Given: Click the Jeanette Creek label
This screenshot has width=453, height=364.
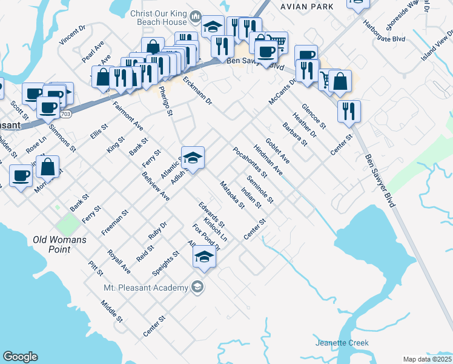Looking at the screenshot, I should (x=342, y=343).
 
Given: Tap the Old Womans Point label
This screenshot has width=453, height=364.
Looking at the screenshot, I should (x=60, y=244).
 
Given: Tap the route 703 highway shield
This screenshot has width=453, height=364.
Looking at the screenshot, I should (x=66, y=113).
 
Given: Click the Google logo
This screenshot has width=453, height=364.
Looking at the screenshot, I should (x=20, y=357).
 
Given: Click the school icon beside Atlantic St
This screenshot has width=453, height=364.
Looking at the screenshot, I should (x=193, y=158).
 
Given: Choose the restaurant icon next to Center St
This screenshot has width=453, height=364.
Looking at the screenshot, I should (x=349, y=112).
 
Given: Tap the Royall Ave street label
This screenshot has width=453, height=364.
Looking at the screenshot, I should (x=118, y=261).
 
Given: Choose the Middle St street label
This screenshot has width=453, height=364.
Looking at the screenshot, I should (x=112, y=311).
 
